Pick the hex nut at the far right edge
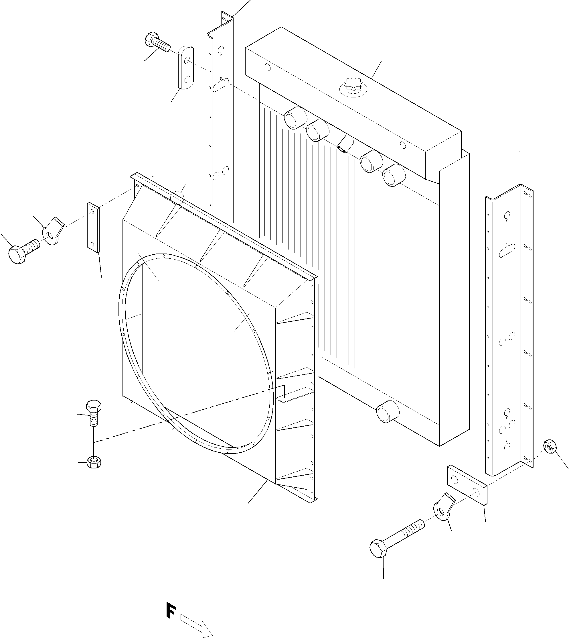pyautogui.click(x=550, y=446)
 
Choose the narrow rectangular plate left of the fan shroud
pyautogui.click(x=93, y=227)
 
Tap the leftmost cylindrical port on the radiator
pyautogui.click(x=295, y=118)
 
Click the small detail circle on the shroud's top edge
pyautogui.click(x=177, y=197)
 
